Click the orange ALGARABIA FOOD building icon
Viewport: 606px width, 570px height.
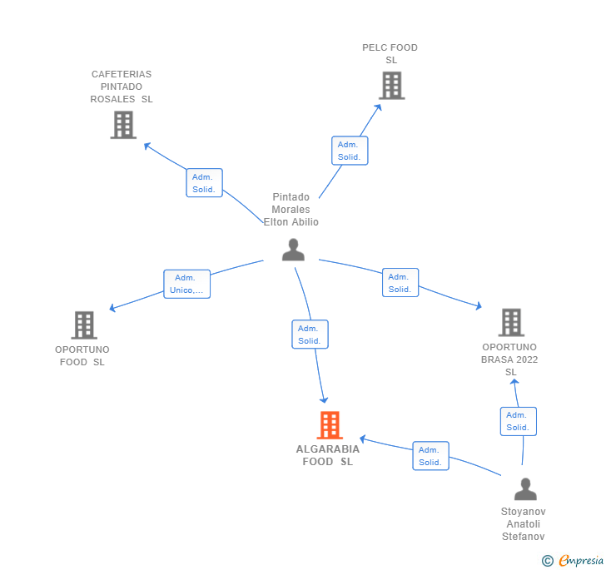click(330, 425)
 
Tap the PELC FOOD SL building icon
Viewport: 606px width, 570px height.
click(391, 86)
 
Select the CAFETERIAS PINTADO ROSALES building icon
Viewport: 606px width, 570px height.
click(123, 125)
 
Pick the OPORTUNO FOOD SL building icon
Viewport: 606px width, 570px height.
click(84, 325)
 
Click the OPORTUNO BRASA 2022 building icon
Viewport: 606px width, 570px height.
click(511, 322)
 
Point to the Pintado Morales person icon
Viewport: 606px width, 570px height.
click(293, 250)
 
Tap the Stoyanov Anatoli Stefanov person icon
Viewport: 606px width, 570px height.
click(525, 488)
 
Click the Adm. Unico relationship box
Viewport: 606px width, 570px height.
click(187, 284)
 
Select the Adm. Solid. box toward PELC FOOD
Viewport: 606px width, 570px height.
click(350, 151)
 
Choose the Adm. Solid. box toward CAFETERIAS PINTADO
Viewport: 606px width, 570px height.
click(205, 183)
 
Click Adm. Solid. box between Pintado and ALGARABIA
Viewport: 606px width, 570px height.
click(310, 335)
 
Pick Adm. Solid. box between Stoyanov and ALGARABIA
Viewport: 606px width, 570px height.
click(431, 456)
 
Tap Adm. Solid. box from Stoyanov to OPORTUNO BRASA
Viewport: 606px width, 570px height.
click(519, 422)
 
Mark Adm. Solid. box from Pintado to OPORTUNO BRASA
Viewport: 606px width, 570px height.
click(400, 282)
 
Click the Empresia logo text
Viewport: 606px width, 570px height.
click(581, 560)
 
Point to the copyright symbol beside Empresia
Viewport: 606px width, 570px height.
click(547, 560)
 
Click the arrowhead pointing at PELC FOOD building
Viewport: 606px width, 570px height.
click(379, 107)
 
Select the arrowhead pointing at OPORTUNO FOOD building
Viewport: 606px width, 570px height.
click(112, 308)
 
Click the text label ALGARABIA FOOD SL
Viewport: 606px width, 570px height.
click(328, 455)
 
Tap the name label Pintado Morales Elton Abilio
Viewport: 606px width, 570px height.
click(291, 210)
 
